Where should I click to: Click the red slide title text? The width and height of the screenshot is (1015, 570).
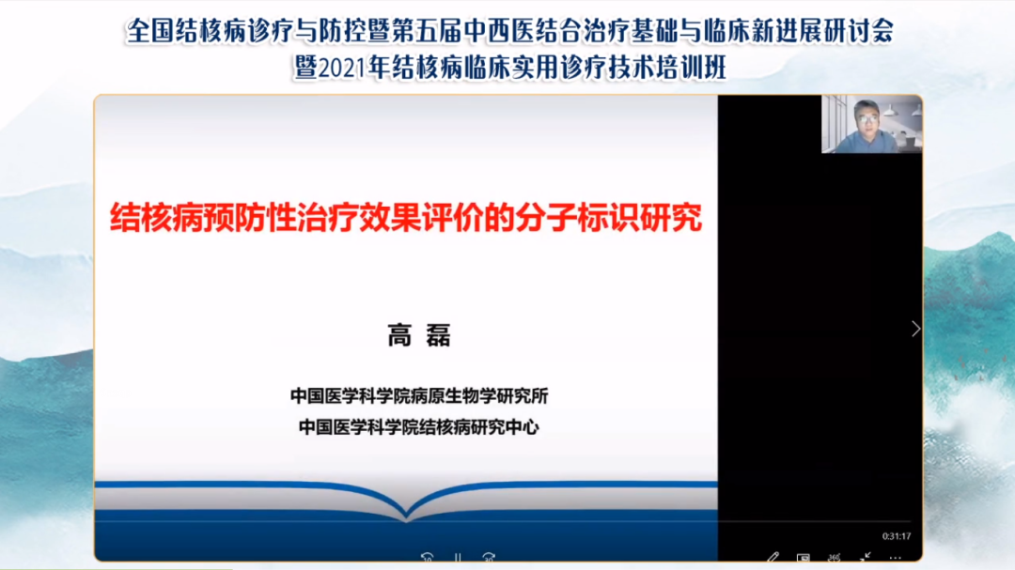pos(406,218)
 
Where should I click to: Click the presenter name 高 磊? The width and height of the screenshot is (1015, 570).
pos(419,336)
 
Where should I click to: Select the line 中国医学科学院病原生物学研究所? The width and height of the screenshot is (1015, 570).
pos(419,396)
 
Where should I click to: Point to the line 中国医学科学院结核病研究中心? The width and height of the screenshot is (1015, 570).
pos(419,427)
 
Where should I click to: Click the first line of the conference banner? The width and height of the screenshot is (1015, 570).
pos(510,31)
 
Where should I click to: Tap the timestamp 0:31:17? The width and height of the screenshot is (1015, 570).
pos(896,535)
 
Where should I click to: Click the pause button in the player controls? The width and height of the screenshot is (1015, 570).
pos(458,557)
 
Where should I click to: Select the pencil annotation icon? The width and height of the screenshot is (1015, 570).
pos(773,557)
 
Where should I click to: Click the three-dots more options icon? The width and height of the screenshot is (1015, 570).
pos(896,557)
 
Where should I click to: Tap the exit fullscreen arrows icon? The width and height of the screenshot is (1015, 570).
pos(865,557)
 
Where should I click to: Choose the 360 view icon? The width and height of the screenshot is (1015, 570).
pos(834,557)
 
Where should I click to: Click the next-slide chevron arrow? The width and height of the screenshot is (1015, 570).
pos(916,329)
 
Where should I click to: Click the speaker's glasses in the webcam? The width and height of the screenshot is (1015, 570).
pos(867,118)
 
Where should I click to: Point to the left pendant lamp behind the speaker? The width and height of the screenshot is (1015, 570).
pos(891,111)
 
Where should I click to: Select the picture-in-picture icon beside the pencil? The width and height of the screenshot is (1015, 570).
pos(804,557)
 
